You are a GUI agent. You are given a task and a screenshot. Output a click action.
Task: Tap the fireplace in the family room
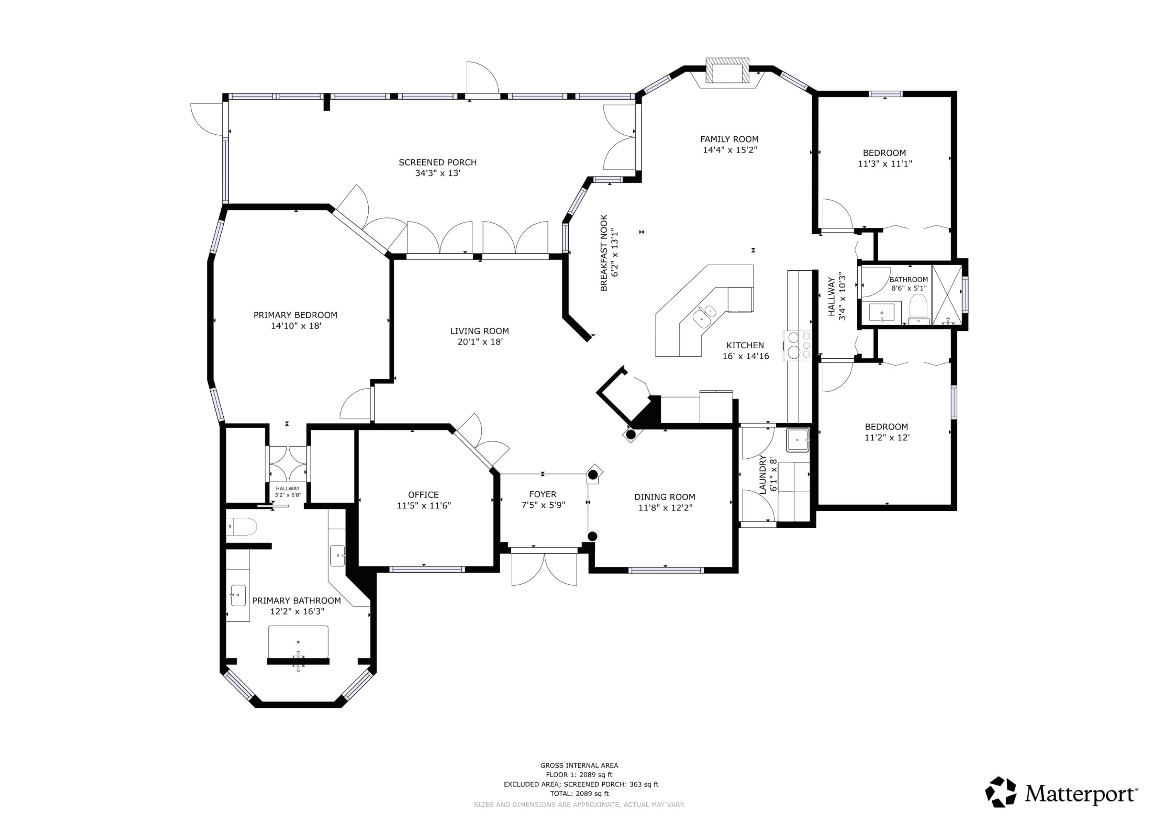(727, 70)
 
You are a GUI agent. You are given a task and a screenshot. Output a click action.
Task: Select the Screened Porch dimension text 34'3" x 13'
(438, 173)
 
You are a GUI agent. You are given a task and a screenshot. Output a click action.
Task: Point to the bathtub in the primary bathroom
(298, 643)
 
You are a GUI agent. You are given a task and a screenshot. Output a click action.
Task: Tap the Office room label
(423, 495)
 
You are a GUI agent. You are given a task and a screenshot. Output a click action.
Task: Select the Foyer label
(543, 495)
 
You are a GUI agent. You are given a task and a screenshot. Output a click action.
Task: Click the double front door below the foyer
(544, 567)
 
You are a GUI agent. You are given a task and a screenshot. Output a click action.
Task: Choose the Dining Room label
(665, 497)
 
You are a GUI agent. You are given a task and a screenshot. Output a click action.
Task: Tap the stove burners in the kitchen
(797, 345)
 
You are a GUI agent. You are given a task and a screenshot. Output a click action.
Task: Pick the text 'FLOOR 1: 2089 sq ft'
(579, 775)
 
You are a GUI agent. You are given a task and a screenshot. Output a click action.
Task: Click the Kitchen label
(745, 346)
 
